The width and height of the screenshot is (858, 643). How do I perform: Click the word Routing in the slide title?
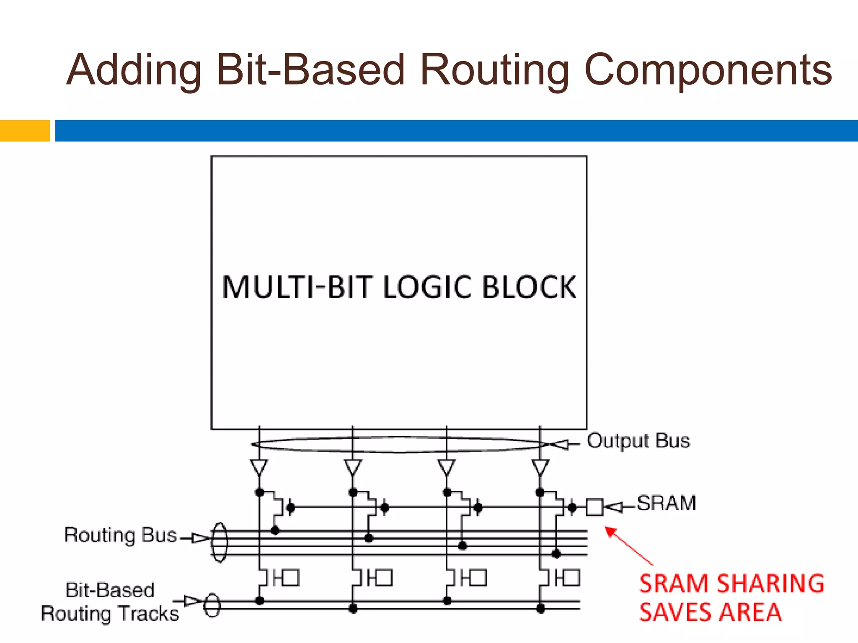pyautogui.click(x=494, y=70)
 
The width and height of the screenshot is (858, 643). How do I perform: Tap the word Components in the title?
pyautogui.click(x=708, y=70)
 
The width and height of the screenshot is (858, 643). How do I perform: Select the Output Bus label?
pyautogui.click(x=638, y=441)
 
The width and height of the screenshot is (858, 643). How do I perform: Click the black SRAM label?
pyautogui.click(x=666, y=503)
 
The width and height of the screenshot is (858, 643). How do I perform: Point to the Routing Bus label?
pyautogui.click(x=120, y=535)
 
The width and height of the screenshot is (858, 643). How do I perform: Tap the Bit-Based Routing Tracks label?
pyautogui.click(x=110, y=602)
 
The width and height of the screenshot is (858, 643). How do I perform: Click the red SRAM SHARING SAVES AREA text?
pyautogui.click(x=731, y=598)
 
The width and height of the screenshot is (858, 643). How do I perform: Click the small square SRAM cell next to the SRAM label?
pyautogui.click(x=594, y=507)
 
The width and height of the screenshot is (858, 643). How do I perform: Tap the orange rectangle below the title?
pyautogui.click(x=25, y=131)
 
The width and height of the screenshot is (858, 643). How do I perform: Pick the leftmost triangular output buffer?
pyautogui.click(x=259, y=467)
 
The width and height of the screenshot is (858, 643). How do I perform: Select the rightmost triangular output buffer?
pyautogui.click(x=540, y=467)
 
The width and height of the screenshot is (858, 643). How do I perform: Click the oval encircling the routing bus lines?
pyautogui.click(x=220, y=542)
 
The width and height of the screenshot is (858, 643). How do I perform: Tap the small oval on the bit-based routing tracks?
pyautogui.click(x=212, y=605)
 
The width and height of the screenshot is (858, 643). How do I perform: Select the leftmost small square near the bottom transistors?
pyautogui.click(x=291, y=578)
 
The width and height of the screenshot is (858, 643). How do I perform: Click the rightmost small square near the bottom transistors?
pyautogui.click(x=571, y=578)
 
